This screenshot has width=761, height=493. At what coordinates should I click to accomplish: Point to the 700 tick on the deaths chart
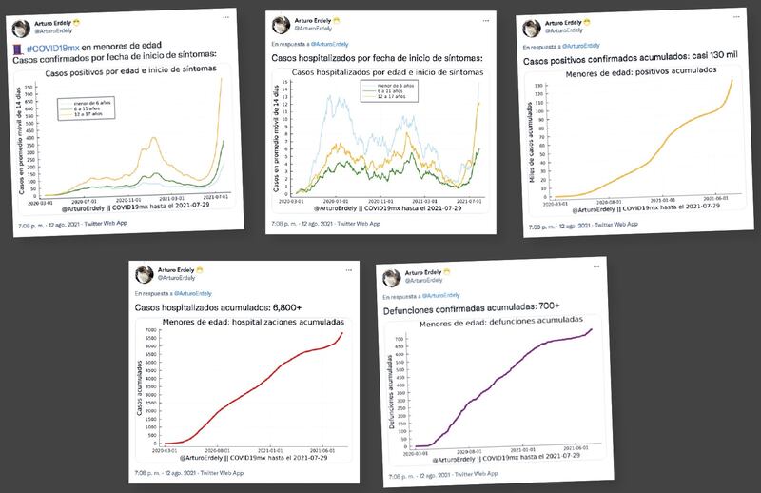pyautogui.click(x=400, y=338)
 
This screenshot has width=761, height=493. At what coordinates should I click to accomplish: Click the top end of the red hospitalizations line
pyautogui.click(x=341, y=331)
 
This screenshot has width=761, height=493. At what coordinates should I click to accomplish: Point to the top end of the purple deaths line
pyautogui.click(x=591, y=330)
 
